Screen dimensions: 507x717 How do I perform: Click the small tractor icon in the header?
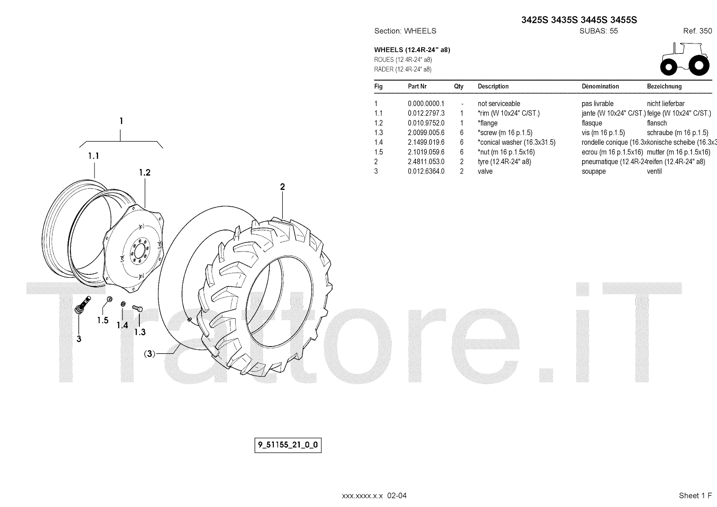coord(685,59)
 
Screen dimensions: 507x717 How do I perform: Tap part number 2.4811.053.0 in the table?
coord(426,162)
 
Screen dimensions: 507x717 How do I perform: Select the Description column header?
coord(493,87)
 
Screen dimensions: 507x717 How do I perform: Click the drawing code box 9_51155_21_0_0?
coord(288,446)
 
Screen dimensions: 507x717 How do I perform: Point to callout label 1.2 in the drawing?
coord(144,173)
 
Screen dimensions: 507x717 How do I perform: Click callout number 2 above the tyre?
coord(282,187)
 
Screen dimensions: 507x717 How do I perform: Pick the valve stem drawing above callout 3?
coord(82,304)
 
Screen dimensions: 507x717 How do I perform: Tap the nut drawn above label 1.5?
coord(109,299)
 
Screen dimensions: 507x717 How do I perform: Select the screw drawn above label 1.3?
coord(137,308)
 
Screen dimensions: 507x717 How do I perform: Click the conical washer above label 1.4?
coord(123,305)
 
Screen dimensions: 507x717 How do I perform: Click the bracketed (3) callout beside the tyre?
coord(150,354)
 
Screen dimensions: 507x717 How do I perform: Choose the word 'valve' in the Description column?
coord(485,171)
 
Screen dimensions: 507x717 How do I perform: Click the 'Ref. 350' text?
coord(697,31)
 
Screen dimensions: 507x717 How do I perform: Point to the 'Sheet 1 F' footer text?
coord(695,495)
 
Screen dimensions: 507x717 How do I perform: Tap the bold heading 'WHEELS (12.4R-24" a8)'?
coord(412,50)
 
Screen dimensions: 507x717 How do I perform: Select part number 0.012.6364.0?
coord(426,171)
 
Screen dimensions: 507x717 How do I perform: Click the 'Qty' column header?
coord(458,87)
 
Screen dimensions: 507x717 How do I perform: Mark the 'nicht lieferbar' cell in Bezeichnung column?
coord(665,104)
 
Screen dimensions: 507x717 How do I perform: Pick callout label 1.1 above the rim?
coord(93,156)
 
